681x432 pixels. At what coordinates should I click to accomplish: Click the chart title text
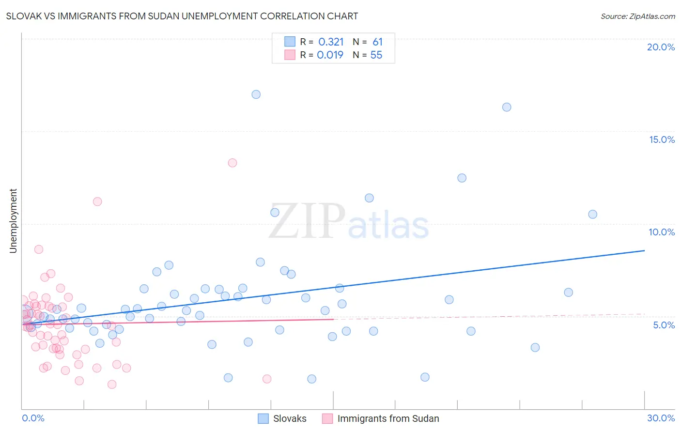click(x=182, y=16)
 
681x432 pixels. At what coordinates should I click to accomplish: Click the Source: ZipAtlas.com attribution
click(x=637, y=16)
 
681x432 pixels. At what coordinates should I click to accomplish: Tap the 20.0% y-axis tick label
click(x=661, y=47)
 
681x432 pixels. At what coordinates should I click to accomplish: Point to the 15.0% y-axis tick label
click(x=662, y=139)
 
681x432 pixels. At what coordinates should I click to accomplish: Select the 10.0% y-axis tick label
click(x=662, y=232)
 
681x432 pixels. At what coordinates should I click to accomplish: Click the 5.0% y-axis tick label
click(x=664, y=325)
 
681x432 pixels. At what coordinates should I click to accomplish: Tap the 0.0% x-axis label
click(x=33, y=418)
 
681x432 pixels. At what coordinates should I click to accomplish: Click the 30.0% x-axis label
click(x=661, y=418)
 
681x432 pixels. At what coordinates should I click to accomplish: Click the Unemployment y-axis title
click(x=13, y=221)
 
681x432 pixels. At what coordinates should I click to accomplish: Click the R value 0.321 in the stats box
click(x=331, y=42)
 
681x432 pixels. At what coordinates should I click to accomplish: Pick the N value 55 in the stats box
click(x=376, y=55)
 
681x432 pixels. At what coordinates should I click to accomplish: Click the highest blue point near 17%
click(x=256, y=94)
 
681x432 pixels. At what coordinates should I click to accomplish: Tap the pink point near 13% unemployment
click(x=232, y=163)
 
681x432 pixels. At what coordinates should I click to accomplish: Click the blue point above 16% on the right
click(x=507, y=107)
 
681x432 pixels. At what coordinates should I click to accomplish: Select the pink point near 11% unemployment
click(x=97, y=201)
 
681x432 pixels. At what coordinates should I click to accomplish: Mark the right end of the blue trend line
click(x=644, y=250)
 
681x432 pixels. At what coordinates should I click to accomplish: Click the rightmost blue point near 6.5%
click(x=569, y=292)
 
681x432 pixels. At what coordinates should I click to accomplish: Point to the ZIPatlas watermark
click(x=349, y=222)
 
